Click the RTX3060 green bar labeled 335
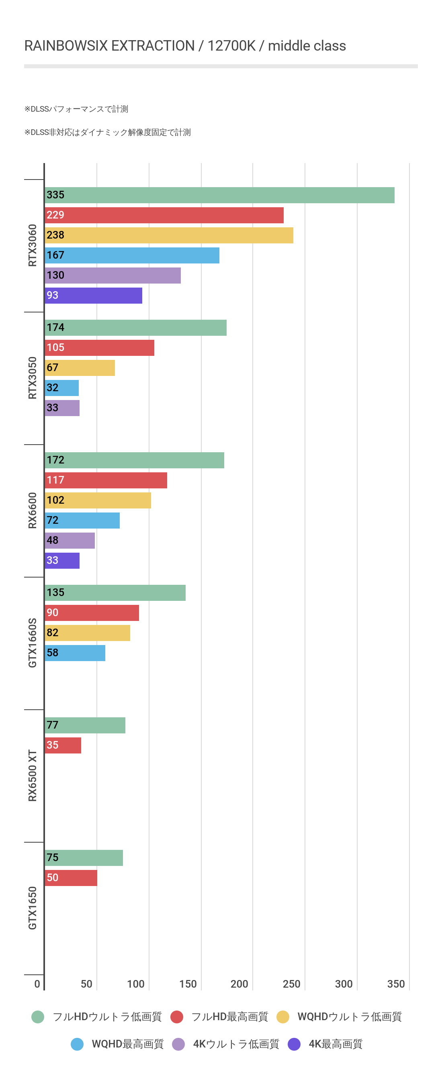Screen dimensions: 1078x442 (x=219, y=195)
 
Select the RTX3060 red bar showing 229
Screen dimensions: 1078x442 (x=164, y=215)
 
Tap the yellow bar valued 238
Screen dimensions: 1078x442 (x=169, y=235)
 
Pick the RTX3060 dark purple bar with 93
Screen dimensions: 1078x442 (x=93, y=296)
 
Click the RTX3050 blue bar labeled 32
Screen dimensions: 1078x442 (x=61, y=388)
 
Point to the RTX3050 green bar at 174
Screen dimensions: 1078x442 (x=136, y=328)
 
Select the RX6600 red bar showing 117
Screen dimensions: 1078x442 (x=106, y=480)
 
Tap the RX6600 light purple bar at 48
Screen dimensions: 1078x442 (x=70, y=540)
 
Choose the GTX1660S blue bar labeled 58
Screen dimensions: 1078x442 (x=75, y=653)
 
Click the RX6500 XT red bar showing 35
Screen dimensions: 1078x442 (x=63, y=745)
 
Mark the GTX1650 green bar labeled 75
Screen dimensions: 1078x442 (x=84, y=857)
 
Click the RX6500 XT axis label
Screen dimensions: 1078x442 (x=32, y=776)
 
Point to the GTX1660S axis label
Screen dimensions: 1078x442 (x=32, y=643)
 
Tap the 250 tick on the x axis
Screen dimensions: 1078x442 (x=291, y=984)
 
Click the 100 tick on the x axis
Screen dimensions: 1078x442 (x=136, y=984)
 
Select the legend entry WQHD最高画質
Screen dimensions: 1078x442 (x=127, y=1044)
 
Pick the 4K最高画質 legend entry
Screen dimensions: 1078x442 (x=335, y=1044)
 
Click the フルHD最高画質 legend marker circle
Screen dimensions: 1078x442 (x=177, y=1017)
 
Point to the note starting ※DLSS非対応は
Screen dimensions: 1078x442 (x=108, y=132)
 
